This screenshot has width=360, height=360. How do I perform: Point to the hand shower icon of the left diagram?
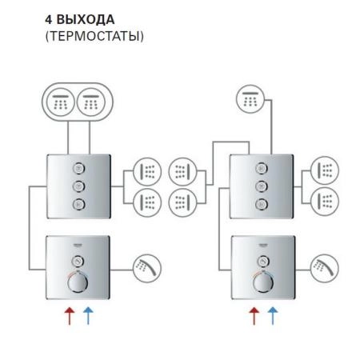[146, 266]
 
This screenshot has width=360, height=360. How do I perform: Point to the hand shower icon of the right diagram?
[325, 266]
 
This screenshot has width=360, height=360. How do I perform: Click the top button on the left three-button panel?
[77, 169]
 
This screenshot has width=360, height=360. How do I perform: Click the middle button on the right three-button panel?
[262, 186]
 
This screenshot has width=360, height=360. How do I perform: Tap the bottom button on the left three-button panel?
[77, 203]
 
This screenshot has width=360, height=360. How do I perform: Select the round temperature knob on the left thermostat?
[78, 286]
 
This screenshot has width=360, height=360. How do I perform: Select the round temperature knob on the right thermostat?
[263, 286]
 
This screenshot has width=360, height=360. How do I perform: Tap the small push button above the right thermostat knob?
[262, 261]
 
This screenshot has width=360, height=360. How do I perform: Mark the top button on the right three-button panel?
[262, 169]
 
